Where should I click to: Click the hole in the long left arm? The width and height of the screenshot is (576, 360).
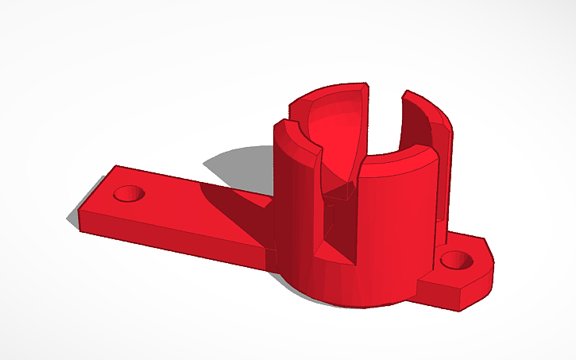click(128, 193)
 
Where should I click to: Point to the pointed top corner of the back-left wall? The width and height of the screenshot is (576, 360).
click(365, 83)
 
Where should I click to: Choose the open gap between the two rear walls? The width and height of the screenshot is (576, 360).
click(385, 111)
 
